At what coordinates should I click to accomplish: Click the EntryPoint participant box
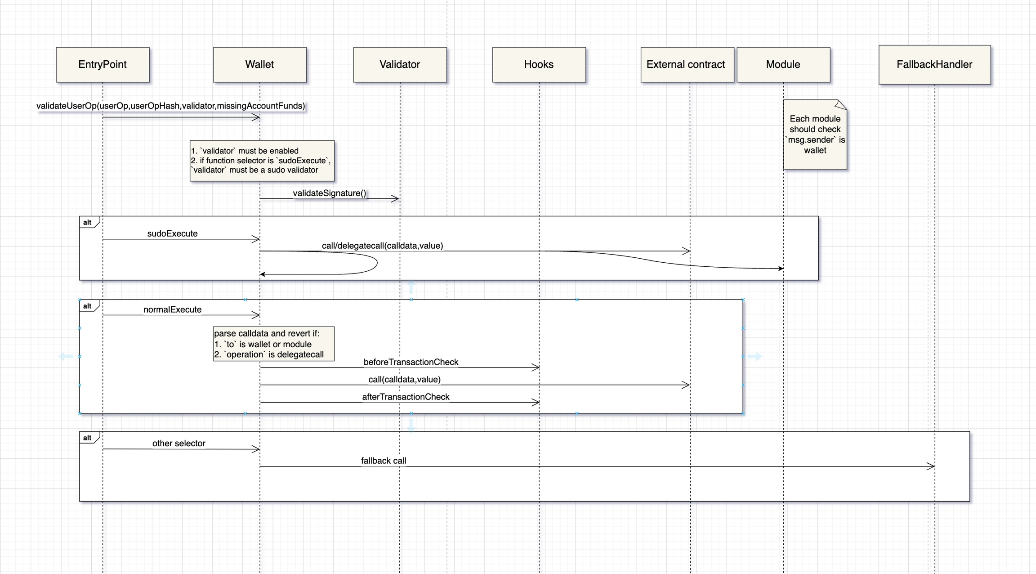(103, 65)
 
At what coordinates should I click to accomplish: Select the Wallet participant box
(259, 65)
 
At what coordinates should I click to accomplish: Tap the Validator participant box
(400, 65)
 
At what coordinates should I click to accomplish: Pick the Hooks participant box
(539, 65)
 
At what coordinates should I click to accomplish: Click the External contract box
(687, 65)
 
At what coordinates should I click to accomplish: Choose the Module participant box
(783, 65)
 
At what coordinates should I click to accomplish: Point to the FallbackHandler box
(934, 65)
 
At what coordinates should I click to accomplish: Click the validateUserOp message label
(170, 106)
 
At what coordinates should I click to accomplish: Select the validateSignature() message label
(329, 193)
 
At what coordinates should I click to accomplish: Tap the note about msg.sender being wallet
(815, 135)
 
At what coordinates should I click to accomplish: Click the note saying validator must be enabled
(262, 161)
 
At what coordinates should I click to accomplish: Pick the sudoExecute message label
(172, 233)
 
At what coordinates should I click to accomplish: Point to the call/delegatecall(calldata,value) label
(382, 246)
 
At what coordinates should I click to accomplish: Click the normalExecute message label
(172, 309)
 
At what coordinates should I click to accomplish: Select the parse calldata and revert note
(273, 344)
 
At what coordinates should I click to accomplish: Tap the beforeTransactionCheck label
(411, 362)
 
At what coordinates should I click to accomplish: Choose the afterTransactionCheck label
(406, 397)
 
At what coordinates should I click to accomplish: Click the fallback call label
(384, 461)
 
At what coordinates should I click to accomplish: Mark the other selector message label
(179, 444)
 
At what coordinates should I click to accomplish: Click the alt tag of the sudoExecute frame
(88, 223)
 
